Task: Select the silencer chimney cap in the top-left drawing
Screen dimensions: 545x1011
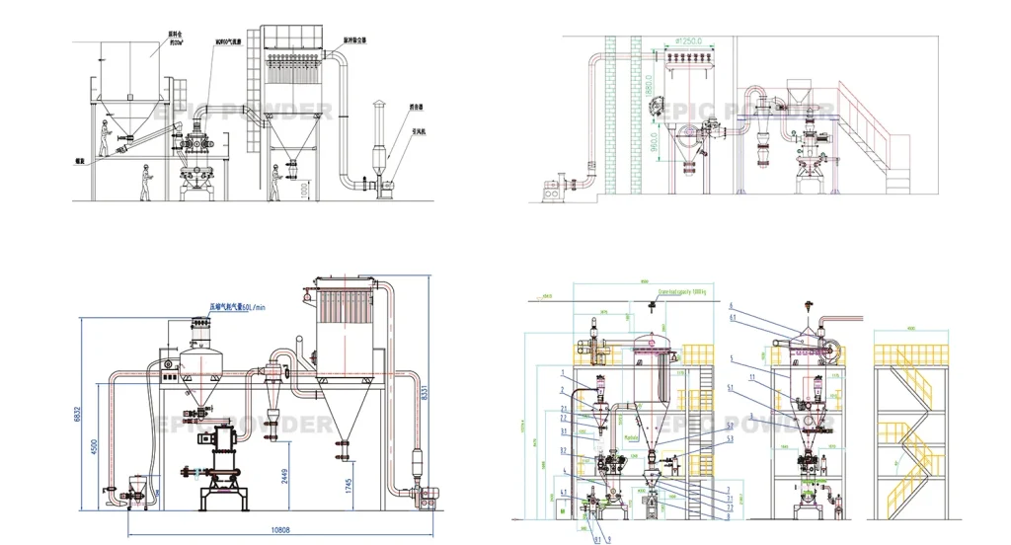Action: click(376, 105)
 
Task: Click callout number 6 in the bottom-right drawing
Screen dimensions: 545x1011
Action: click(732, 306)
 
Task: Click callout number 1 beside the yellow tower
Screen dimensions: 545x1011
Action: click(561, 374)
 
